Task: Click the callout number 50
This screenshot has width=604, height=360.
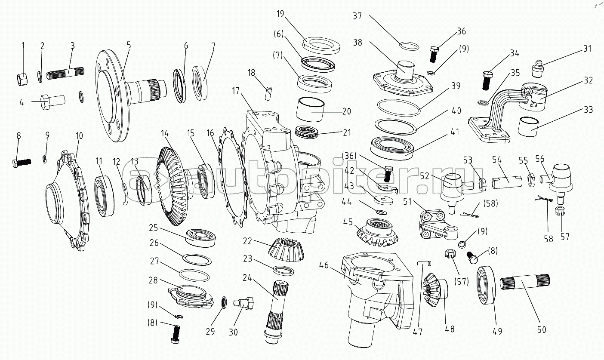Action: pos(542,330)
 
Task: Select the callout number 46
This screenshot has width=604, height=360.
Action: pos(324,265)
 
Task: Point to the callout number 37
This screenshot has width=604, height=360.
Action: pos(357,16)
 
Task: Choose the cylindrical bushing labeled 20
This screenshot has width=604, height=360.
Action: pos(313,111)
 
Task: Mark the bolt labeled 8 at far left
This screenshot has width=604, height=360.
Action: pos(21,163)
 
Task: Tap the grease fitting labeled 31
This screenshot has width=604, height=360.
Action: pos(538,68)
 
